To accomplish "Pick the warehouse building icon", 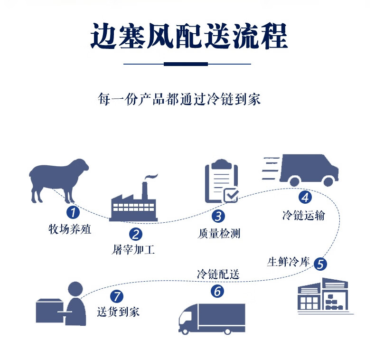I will click(323, 295).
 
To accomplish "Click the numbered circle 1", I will click(72, 212).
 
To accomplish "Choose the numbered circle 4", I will click(305, 196).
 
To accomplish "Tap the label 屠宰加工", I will click(133, 250).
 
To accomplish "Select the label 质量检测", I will click(218, 233).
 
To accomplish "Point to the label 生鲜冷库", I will click(288, 262).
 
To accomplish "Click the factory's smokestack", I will click(144, 188).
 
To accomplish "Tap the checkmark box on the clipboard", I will click(231, 195).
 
